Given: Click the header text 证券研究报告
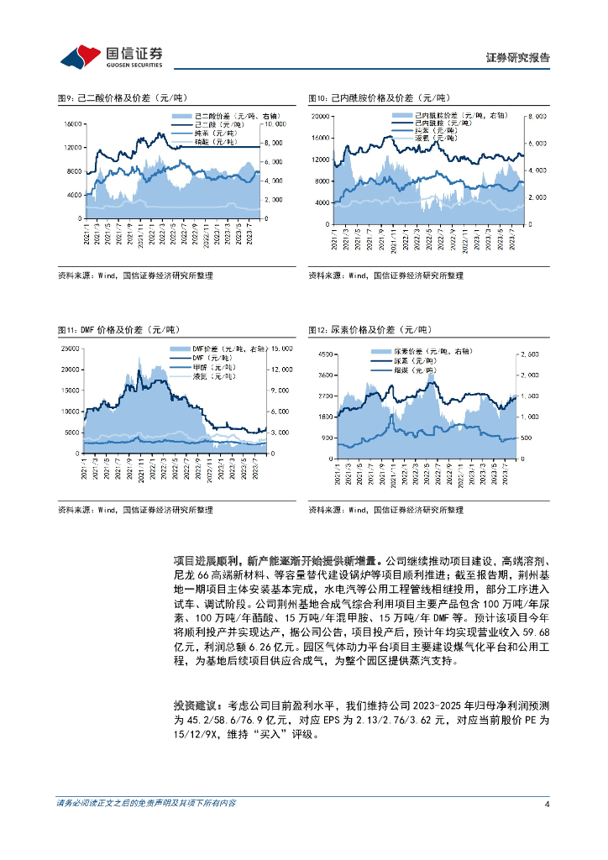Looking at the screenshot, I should pyautogui.click(x=518, y=58).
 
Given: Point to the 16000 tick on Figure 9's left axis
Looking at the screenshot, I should pyautogui.click(x=71, y=123).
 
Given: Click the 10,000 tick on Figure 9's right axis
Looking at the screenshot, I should pyautogui.click(x=277, y=123).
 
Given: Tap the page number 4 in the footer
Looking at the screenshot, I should pyautogui.click(x=547, y=803).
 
